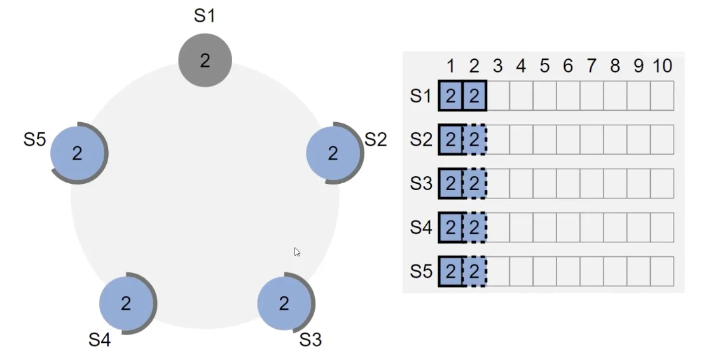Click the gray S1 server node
(x=205, y=60)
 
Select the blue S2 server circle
(x=333, y=153)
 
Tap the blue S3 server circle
(x=284, y=303)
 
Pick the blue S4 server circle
(x=126, y=303)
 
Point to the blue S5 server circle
(x=77, y=153)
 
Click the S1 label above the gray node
(x=204, y=16)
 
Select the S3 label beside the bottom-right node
(x=310, y=340)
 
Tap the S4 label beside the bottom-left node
(x=99, y=340)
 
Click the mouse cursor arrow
(x=297, y=252)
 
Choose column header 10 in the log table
(x=662, y=66)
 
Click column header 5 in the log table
(x=544, y=66)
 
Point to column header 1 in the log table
(x=450, y=66)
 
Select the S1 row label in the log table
(x=421, y=96)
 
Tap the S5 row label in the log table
(x=421, y=272)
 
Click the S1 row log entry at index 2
(x=474, y=96)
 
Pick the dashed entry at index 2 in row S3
(x=474, y=184)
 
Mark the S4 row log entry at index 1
(x=450, y=227)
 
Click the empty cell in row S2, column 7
(x=592, y=139)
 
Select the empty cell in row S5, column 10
(x=662, y=272)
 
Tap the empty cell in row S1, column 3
(x=497, y=96)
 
